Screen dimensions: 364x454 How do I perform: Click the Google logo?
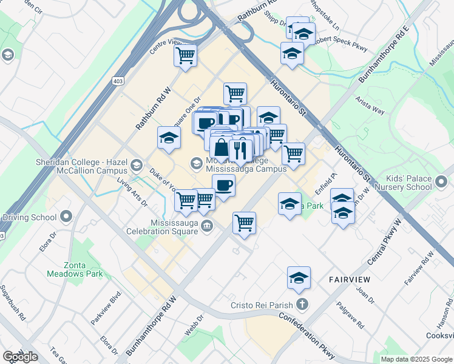pyautogui.click(x=20, y=357)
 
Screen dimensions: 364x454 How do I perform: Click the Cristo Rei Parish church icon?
pyautogui.click(x=302, y=305)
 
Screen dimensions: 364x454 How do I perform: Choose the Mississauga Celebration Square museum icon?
pyautogui.click(x=207, y=226)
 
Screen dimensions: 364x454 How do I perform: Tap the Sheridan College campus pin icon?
pyautogui.click(x=137, y=164)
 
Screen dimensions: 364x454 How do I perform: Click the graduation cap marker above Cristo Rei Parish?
pyautogui.click(x=299, y=278)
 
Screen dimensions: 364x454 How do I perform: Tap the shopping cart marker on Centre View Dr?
pyautogui.click(x=185, y=56)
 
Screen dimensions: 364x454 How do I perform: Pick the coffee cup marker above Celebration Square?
pyautogui.click(x=223, y=185)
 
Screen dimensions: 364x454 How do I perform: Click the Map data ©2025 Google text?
pyautogui.click(x=416, y=359)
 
